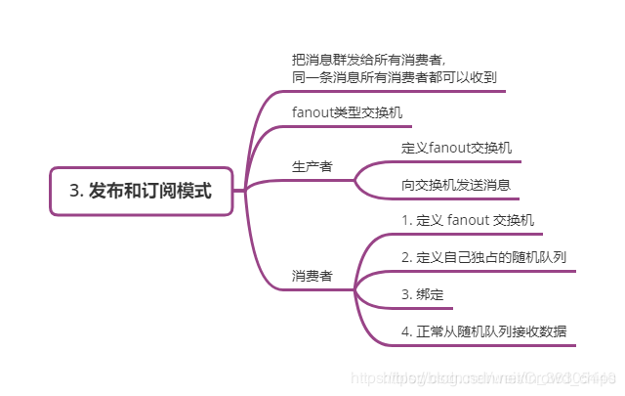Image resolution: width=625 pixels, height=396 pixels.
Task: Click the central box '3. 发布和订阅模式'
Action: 141,191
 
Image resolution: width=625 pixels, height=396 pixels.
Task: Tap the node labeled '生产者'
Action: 312,166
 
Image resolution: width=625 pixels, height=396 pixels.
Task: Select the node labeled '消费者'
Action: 312,276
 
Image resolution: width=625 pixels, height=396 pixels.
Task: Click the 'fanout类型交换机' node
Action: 347,112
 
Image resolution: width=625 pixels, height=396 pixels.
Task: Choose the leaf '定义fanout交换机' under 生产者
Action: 456,149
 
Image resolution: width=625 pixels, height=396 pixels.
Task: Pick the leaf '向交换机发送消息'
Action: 456,185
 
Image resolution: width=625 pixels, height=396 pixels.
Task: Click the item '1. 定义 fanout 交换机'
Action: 468,220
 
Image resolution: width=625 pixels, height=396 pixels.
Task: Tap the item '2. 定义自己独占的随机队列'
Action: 484,257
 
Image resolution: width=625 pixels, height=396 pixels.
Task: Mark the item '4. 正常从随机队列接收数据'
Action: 484,331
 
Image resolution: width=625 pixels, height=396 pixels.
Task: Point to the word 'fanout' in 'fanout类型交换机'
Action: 313,112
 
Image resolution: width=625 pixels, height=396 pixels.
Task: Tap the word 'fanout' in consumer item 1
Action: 468,220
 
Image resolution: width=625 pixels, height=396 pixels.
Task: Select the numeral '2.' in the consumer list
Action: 407,257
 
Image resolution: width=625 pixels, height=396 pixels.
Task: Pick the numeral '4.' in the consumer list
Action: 407,331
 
